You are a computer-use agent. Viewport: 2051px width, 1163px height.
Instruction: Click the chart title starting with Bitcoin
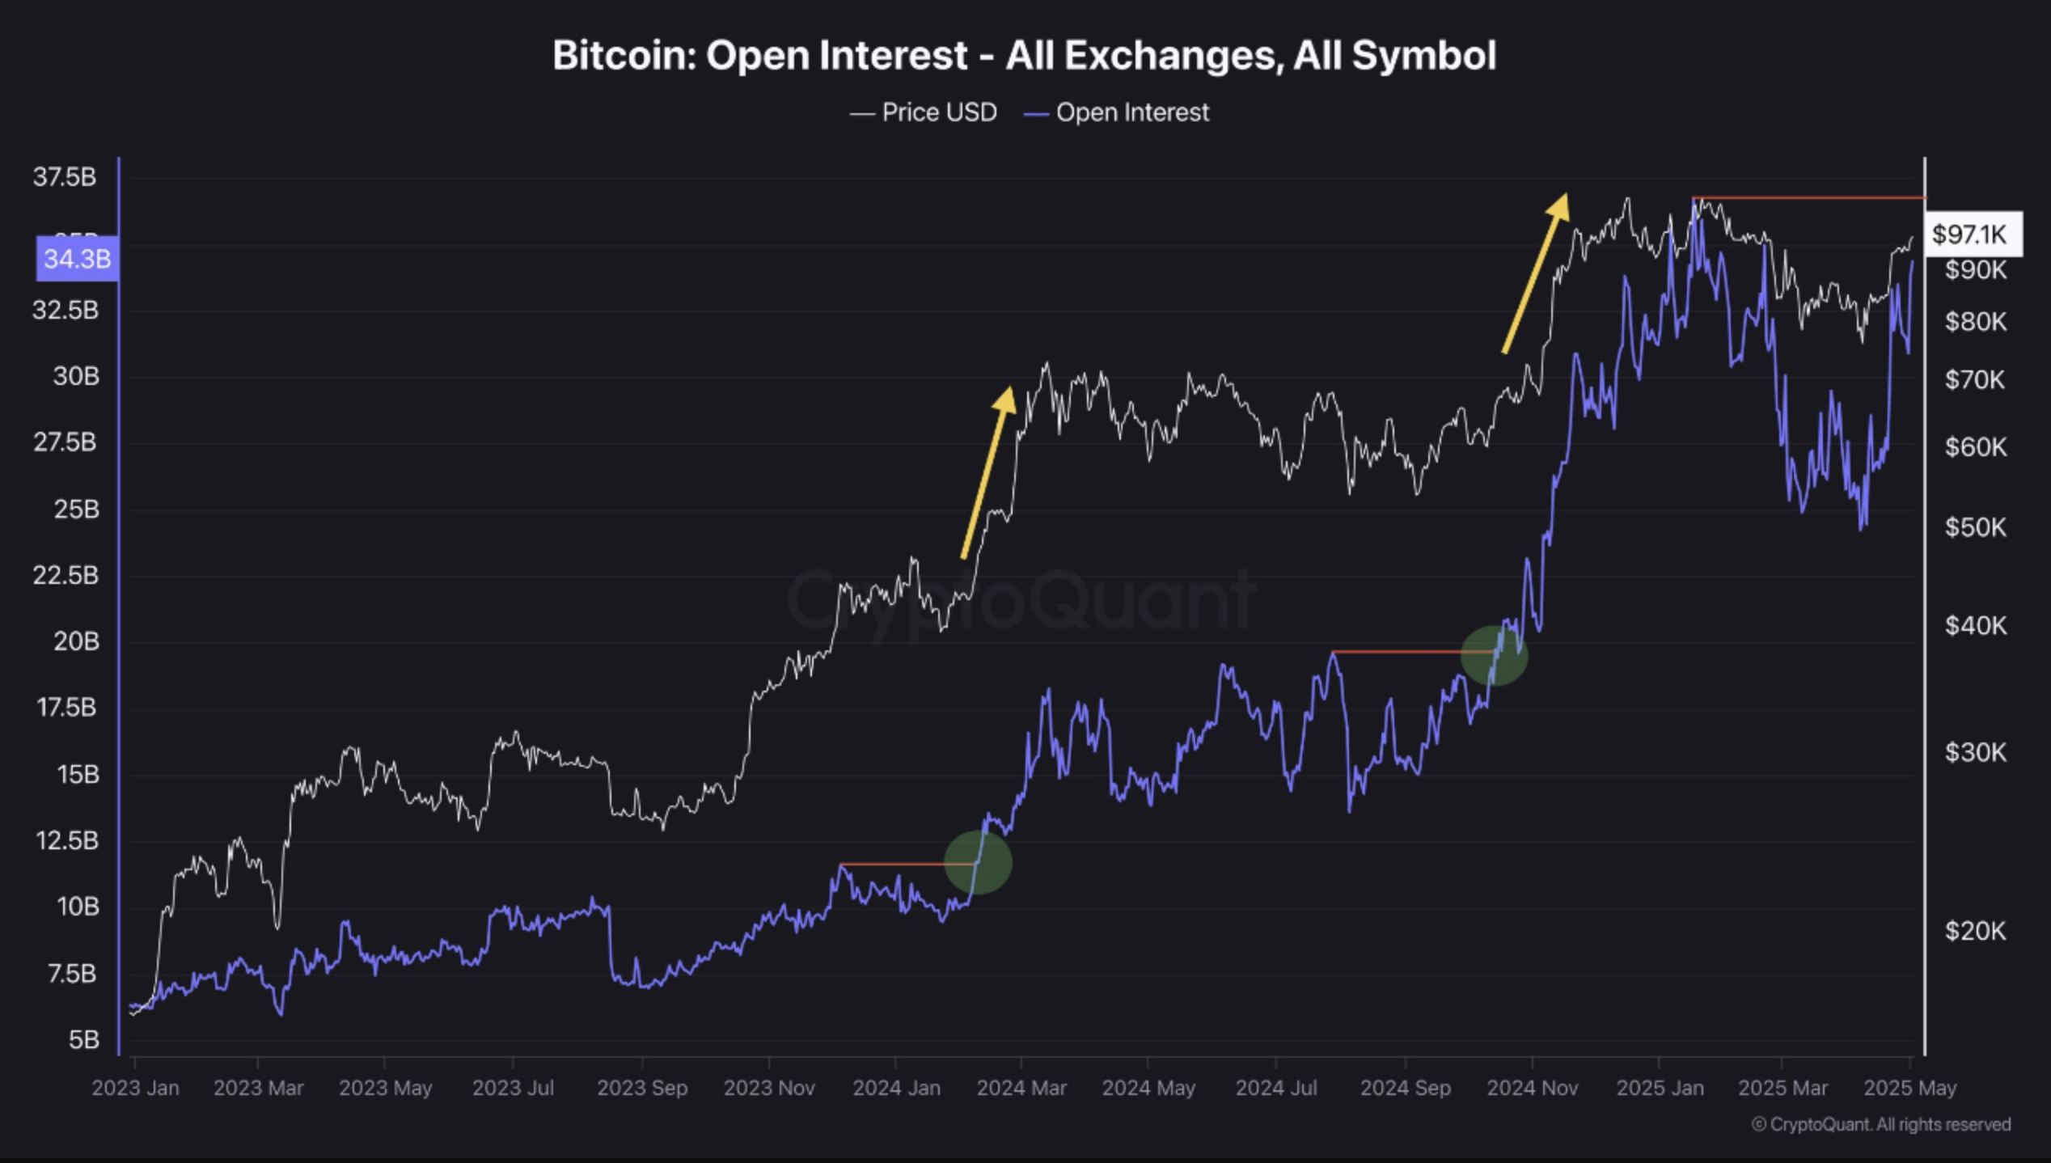click(x=1024, y=56)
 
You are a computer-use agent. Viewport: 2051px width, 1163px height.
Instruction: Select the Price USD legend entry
click(x=924, y=112)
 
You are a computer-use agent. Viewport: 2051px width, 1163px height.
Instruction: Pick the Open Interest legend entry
click(x=1117, y=112)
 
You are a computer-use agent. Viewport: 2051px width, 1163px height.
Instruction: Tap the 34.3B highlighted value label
click(x=77, y=259)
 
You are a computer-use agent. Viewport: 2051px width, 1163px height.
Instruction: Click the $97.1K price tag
click(x=1970, y=235)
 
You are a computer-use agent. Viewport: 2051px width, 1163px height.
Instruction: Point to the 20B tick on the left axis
click(x=76, y=641)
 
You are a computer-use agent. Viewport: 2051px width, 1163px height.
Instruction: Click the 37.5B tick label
click(x=65, y=177)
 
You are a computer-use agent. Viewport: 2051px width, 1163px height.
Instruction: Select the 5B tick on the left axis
click(x=83, y=1039)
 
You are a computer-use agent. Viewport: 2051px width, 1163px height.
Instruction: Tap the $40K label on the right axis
click(x=1975, y=625)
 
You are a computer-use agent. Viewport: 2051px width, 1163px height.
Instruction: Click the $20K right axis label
click(x=1975, y=931)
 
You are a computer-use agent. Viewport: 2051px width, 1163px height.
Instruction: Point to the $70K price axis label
click(x=1975, y=379)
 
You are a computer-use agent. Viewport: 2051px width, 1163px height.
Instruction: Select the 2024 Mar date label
click(x=1021, y=1088)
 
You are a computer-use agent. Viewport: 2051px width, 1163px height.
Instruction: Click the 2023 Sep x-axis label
click(x=642, y=1088)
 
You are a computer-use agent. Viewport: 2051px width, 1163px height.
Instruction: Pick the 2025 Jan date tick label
click(x=1660, y=1088)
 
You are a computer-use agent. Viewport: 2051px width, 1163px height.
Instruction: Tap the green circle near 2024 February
click(x=978, y=862)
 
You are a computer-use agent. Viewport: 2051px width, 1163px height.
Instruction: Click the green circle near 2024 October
click(x=1494, y=655)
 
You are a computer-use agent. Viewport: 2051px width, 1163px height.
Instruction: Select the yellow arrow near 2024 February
click(x=988, y=473)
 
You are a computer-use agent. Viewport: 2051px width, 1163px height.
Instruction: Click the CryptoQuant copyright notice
click(x=1880, y=1124)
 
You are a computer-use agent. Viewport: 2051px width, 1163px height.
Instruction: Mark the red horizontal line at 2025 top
click(x=1809, y=197)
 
